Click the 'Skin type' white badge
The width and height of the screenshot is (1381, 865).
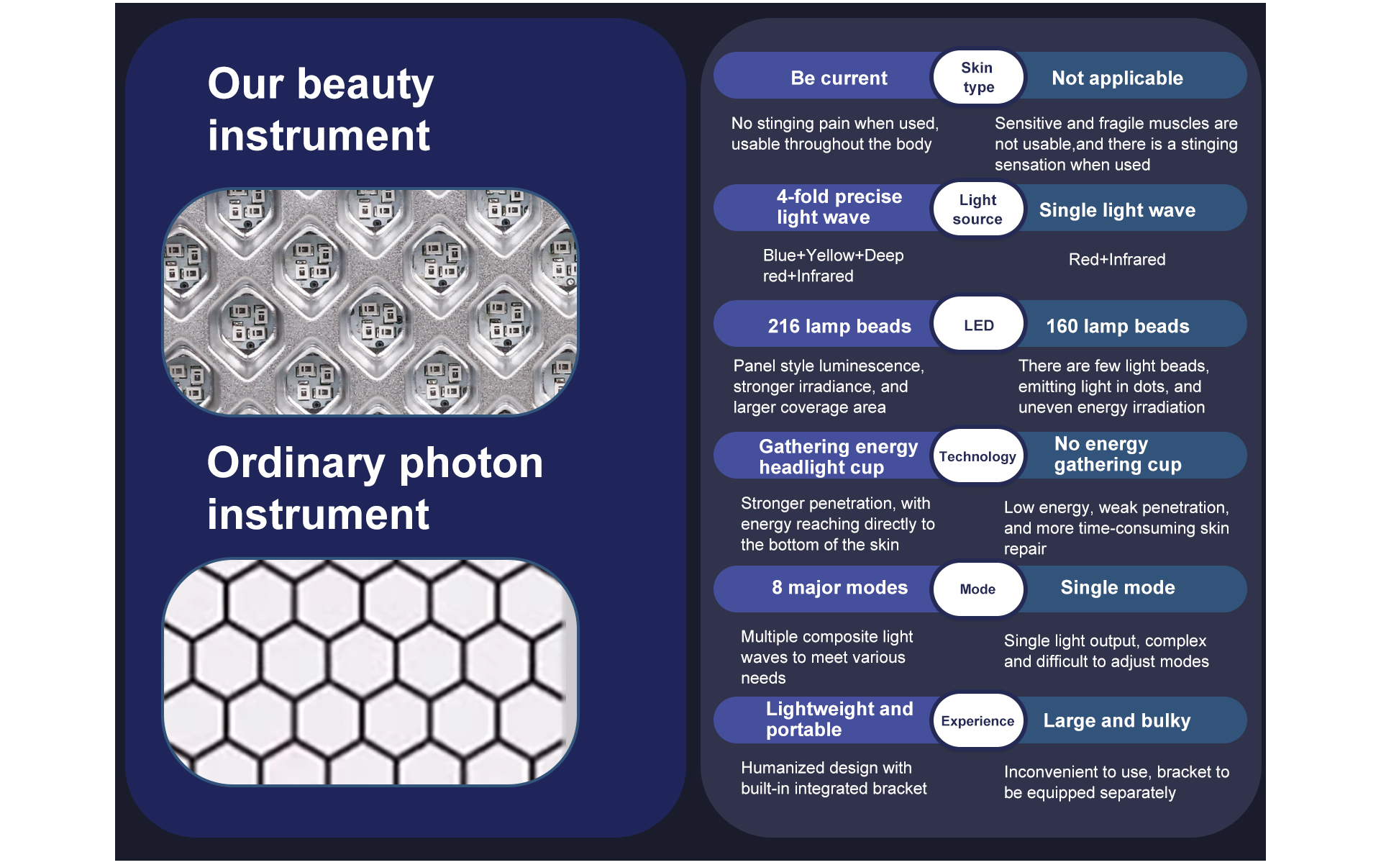pyautogui.click(x=977, y=77)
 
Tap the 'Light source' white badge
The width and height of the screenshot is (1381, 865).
pyautogui.click(x=977, y=209)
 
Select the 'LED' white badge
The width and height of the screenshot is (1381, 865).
pyautogui.click(x=977, y=325)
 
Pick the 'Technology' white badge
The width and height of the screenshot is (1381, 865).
pyautogui.click(x=977, y=456)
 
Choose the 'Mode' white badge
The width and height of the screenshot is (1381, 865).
pyautogui.click(x=977, y=589)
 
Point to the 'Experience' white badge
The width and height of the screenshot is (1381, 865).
pyautogui.click(x=977, y=720)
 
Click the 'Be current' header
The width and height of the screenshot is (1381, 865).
pyautogui.click(x=839, y=78)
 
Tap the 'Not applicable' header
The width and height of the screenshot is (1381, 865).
pyautogui.click(x=1117, y=78)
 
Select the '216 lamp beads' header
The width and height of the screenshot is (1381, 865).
pyautogui.click(x=839, y=326)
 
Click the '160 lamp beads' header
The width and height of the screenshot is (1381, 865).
pyautogui.click(x=1118, y=326)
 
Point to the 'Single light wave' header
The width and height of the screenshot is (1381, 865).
pyautogui.click(x=1117, y=210)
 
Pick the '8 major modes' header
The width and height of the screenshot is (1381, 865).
pyautogui.click(x=839, y=587)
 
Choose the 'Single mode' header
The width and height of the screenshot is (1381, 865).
pyautogui.click(x=1118, y=587)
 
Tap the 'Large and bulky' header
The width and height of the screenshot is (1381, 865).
pyautogui.click(x=1117, y=720)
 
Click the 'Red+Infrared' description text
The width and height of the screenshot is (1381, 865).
pyautogui.click(x=1117, y=259)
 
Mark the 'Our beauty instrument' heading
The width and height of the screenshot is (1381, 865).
pyautogui.click(x=321, y=109)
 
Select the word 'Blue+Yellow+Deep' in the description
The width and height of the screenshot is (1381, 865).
pyautogui.click(x=833, y=255)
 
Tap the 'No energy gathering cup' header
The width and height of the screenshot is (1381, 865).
pyautogui.click(x=1118, y=454)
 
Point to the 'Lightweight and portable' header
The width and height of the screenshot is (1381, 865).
pyautogui.click(x=839, y=719)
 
